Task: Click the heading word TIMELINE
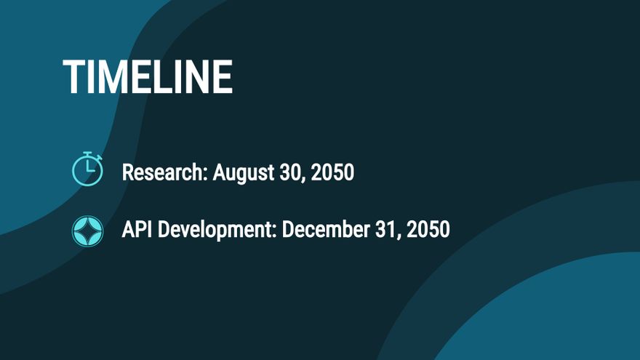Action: coord(148,77)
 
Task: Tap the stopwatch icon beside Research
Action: coord(87,169)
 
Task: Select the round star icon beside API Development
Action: coord(87,231)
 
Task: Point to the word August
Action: coord(243,173)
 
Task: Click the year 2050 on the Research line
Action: coord(332,172)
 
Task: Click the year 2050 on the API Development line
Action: coord(428,229)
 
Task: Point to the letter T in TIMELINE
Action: coord(73,77)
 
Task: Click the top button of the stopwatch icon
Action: coord(87,153)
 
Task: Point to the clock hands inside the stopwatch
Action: coord(89,167)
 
